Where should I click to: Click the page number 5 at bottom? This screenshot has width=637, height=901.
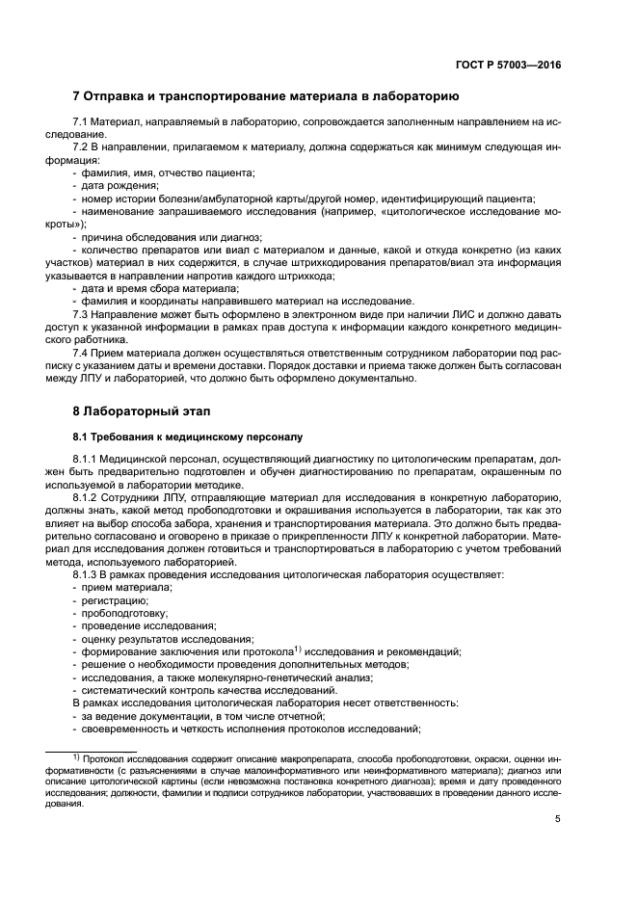558,819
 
